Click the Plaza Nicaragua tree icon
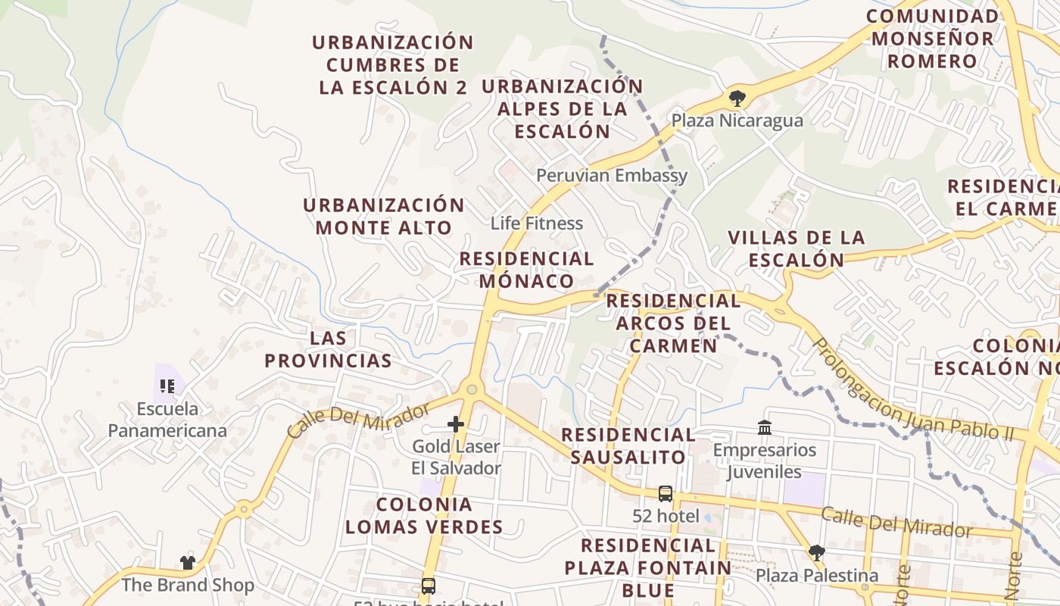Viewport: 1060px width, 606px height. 736,97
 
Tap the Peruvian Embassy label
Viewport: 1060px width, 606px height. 612,176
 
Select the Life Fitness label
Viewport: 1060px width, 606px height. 537,223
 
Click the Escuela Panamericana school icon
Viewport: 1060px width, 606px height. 167,386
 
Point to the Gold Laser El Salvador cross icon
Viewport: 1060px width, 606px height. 456,424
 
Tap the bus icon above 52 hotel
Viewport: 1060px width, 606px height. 666,494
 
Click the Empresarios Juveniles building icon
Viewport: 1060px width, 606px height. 765,428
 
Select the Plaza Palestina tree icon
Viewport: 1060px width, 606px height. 816,552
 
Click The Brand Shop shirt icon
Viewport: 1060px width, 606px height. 188,562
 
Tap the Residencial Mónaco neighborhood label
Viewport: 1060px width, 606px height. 527,270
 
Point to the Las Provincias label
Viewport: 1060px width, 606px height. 328,349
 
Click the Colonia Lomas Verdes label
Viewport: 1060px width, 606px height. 424,515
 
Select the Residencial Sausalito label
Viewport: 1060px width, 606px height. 628,445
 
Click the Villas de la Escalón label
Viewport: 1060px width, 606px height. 796,248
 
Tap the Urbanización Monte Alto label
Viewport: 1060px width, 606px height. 384,216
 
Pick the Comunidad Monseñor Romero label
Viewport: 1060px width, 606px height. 932,39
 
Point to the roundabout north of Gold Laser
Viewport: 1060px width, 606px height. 472,389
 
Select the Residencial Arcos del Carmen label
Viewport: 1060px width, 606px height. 673,323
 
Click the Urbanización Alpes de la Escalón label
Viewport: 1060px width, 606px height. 563,108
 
